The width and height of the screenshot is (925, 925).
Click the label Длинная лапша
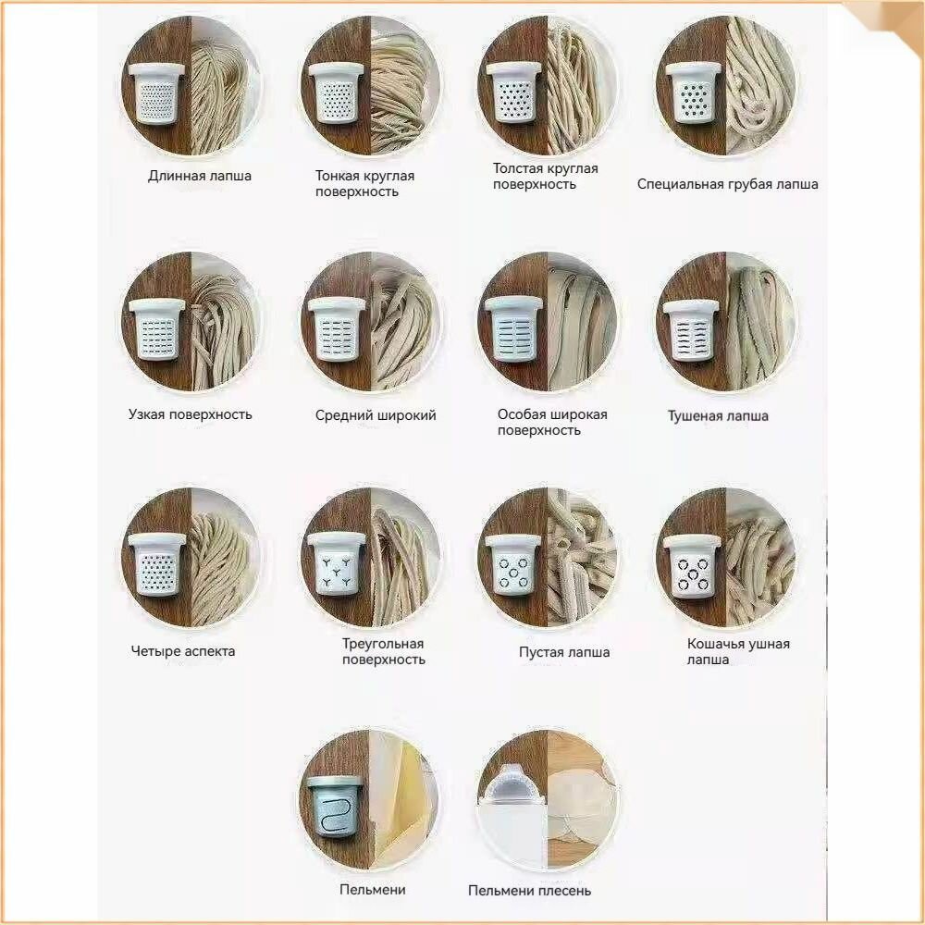click(200, 176)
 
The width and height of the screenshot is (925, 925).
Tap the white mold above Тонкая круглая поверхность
click(335, 93)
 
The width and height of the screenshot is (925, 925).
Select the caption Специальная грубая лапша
click(727, 184)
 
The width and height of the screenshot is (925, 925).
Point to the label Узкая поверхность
click(190, 414)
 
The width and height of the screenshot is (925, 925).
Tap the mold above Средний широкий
click(337, 329)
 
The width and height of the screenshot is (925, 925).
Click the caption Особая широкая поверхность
click(552, 423)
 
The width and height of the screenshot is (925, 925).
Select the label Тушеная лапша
click(718, 416)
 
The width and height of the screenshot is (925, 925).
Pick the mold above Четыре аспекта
click(157, 564)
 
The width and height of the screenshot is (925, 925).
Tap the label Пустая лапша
click(564, 652)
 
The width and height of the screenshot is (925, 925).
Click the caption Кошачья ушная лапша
click(738, 651)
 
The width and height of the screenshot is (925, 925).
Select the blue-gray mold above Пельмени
click(335, 806)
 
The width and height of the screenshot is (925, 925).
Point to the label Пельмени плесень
click(529, 891)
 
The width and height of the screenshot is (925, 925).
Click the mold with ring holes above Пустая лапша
click(513, 566)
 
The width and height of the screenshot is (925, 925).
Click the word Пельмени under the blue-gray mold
click(372, 890)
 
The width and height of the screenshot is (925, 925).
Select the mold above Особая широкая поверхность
click(513, 328)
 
